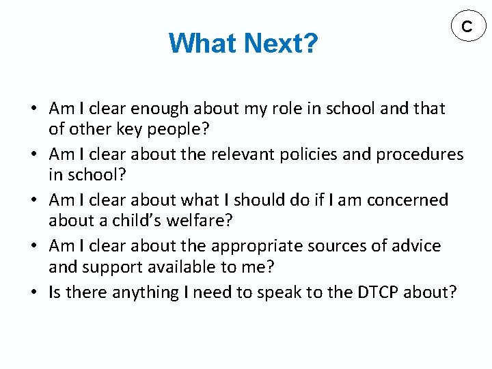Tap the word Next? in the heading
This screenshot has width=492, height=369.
pyautogui.click(x=280, y=44)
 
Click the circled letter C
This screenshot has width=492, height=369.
pyautogui.click(x=467, y=27)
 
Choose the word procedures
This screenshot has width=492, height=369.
pyautogui.click(x=419, y=154)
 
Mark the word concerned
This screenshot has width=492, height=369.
pyautogui.click(x=407, y=200)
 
